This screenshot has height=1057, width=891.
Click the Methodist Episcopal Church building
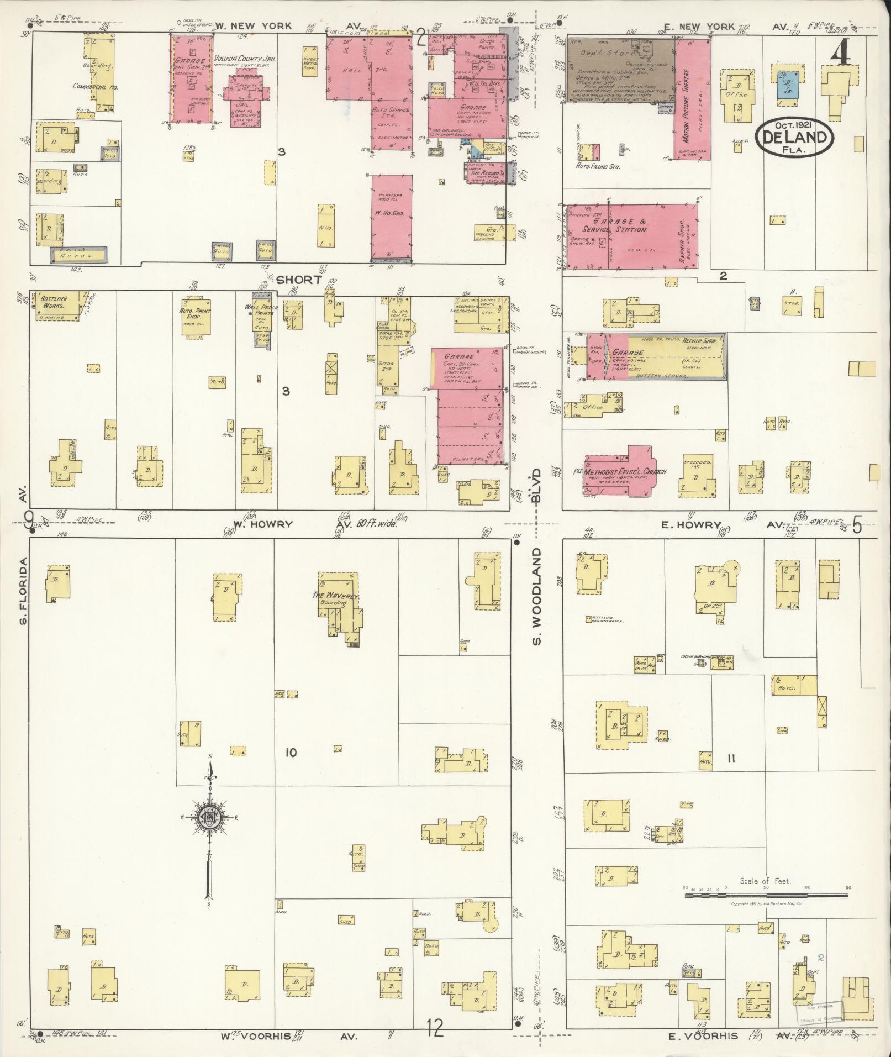pos(618,472)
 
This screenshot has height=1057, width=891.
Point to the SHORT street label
pos(298,280)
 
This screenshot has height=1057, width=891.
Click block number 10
pos(291,753)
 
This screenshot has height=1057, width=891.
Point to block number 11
pos(731,759)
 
